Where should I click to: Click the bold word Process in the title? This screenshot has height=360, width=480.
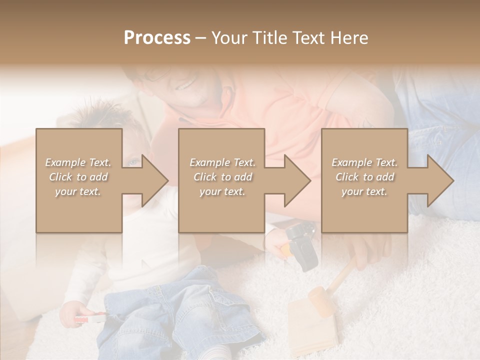[157, 38]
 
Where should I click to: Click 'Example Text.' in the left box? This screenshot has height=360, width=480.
[78, 162]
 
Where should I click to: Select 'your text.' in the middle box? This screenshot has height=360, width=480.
[222, 191]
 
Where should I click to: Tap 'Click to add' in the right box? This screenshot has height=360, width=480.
[365, 177]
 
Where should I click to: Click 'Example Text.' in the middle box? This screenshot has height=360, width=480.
[222, 162]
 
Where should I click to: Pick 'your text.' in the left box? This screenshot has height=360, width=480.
[78, 191]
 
